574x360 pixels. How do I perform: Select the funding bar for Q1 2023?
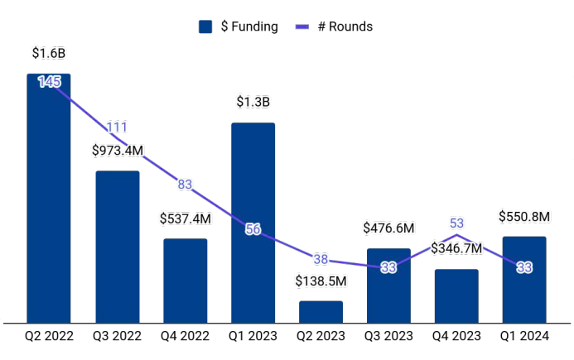253,223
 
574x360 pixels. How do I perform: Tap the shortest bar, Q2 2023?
321,312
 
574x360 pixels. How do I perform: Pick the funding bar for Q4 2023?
456,296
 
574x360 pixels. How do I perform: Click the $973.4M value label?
117,151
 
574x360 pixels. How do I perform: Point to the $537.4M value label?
185,219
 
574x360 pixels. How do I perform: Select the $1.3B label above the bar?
253,103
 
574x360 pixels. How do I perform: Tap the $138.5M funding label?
321,281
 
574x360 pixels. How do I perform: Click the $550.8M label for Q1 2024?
524,217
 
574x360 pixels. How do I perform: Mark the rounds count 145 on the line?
49,82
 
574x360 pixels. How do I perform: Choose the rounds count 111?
117,127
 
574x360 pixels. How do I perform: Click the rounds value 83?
185,185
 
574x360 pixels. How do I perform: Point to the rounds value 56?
253,229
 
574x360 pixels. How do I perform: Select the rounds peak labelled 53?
456,223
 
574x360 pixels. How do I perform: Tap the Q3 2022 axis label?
117,337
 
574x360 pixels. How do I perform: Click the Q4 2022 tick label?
185,337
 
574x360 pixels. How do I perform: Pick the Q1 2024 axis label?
524,337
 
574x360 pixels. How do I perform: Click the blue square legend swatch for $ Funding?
206,26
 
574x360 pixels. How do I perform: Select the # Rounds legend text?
345,26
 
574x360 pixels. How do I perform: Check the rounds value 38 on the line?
321,259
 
